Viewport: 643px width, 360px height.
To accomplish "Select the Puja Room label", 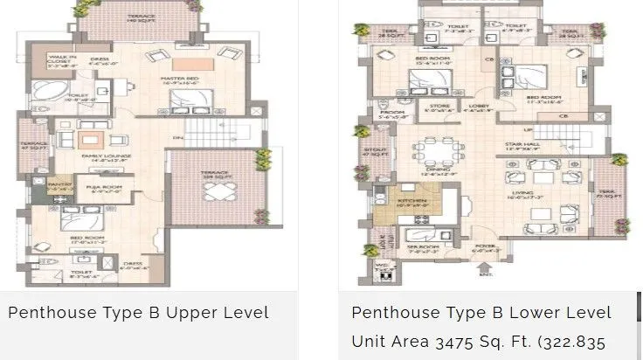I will [106, 186].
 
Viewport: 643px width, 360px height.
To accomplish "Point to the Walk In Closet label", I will [61, 59].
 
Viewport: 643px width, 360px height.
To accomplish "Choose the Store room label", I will [434, 109].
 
